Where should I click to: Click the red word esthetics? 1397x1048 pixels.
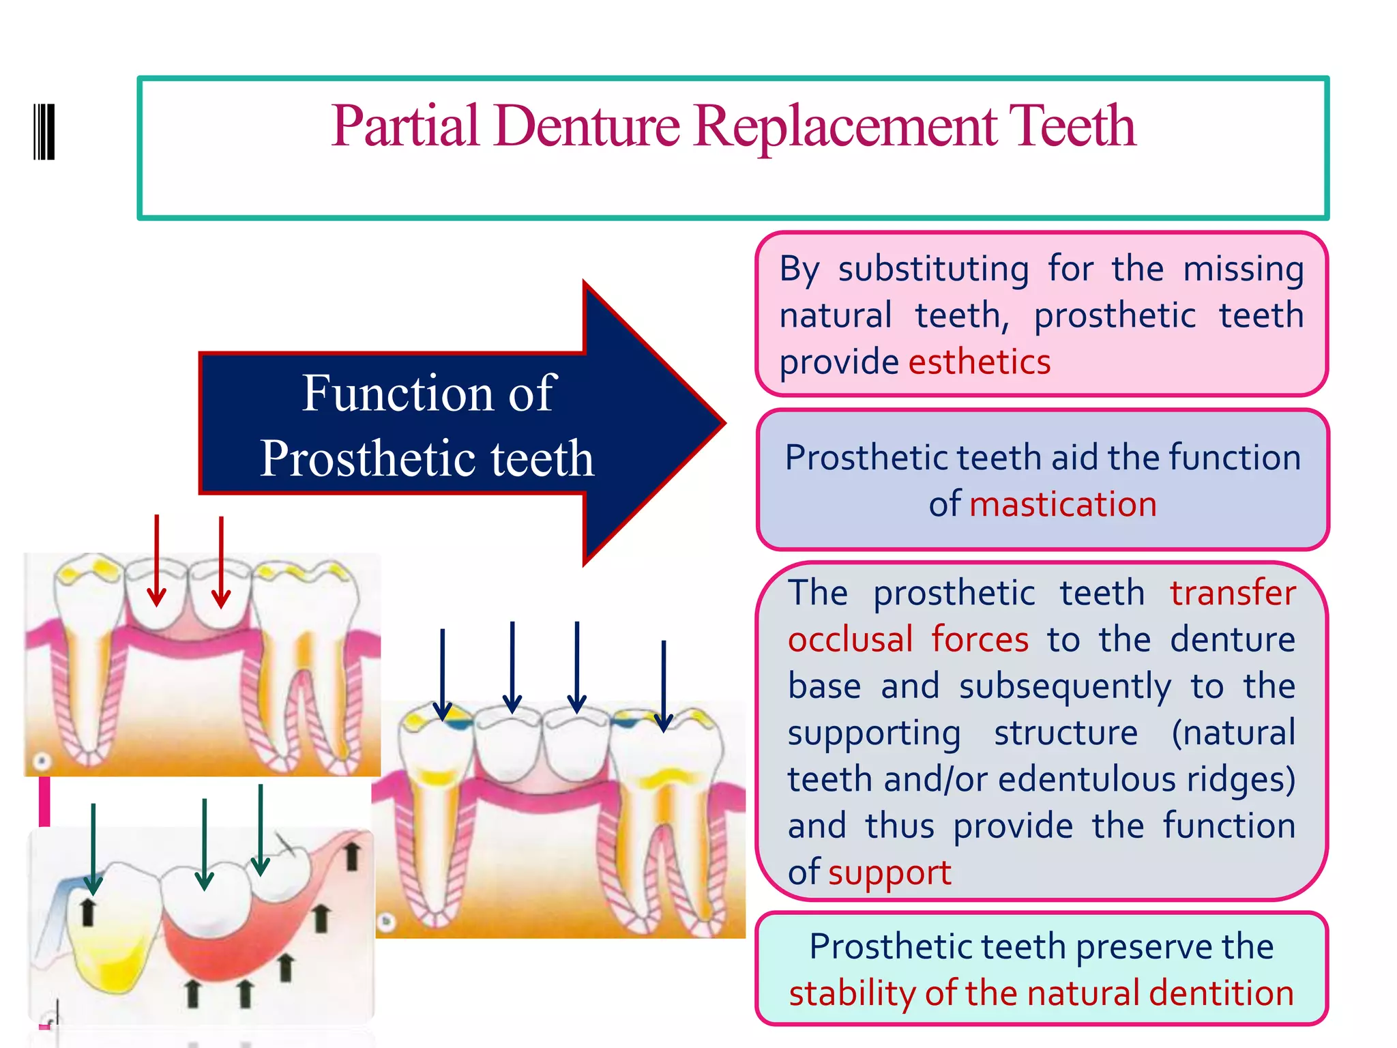tap(980, 362)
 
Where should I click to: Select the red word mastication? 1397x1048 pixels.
tap(1063, 504)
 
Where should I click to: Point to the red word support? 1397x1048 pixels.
tap(889, 873)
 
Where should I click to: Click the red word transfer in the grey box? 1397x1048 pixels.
tap(1233, 592)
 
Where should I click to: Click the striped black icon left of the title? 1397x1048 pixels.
tap(44, 132)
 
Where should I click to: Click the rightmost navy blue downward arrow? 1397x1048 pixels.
tap(664, 686)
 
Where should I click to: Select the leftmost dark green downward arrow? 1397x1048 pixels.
tap(93, 848)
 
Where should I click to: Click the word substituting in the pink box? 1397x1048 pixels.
tap(933, 269)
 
